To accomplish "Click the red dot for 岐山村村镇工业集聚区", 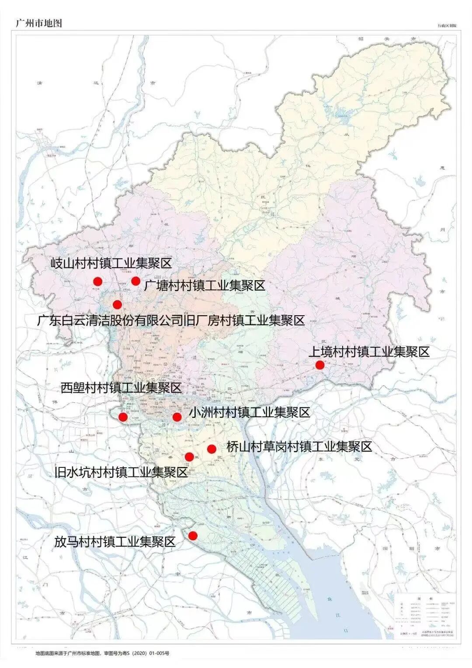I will (97, 282).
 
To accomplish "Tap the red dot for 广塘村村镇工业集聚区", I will (135, 281).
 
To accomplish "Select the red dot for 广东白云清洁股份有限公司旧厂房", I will (117, 304).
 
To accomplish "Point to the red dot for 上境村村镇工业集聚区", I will (319, 365).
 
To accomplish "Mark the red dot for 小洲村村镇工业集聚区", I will (177, 417).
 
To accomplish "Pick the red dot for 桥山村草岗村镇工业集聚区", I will (212, 449).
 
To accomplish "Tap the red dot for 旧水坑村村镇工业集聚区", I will (189, 457).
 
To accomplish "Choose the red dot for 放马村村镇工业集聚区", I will (193, 536).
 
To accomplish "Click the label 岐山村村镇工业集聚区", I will (111, 263).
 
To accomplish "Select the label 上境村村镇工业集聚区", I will (369, 351).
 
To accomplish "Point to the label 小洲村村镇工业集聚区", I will (249, 412).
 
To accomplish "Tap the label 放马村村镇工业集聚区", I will (115, 542).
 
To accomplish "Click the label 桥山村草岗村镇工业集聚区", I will (299, 446).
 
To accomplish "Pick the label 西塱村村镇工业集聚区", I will (121, 387).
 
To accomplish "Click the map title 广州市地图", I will (38, 23).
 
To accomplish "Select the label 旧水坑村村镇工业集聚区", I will (121, 473).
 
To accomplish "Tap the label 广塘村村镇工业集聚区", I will (205, 286).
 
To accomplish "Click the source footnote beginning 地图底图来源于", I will (103, 653).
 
